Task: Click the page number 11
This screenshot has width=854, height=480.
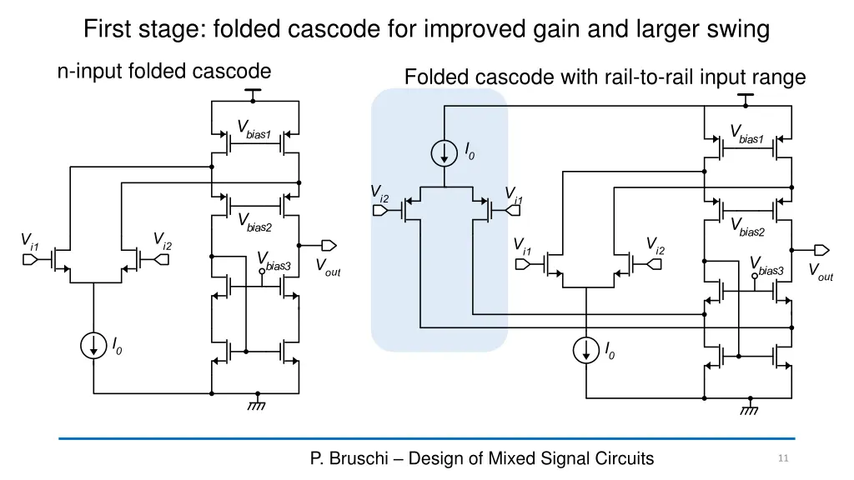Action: click(782, 458)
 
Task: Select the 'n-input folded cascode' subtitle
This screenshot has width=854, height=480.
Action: click(163, 72)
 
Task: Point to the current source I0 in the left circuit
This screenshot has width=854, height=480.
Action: click(93, 345)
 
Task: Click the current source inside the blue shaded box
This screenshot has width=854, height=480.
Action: click(445, 152)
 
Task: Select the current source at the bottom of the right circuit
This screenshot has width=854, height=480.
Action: click(586, 350)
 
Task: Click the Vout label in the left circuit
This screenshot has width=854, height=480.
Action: click(327, 267)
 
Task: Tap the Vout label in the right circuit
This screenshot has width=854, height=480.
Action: click(820, 272)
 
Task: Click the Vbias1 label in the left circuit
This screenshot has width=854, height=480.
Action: click(254, 130)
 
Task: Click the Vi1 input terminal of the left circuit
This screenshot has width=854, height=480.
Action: click(30, 260)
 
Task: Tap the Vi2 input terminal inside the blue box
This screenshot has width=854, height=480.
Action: click(379, 210)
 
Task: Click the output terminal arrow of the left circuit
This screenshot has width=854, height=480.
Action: click(329, 245)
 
